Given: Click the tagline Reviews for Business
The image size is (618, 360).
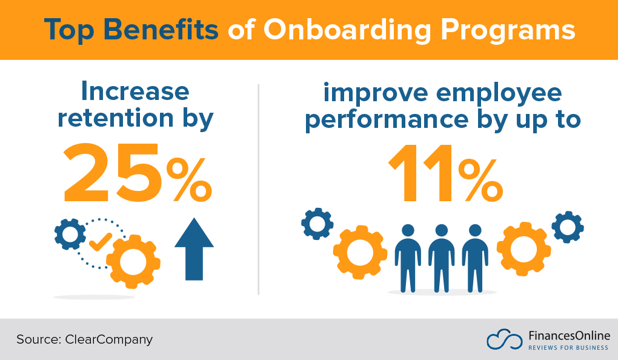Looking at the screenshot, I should (569, 347).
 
